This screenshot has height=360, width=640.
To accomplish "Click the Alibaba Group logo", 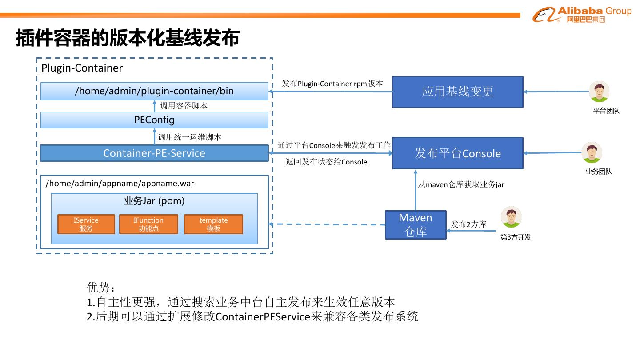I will (x=581, y=15).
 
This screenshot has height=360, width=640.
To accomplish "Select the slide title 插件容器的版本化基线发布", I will (x=128, y=38).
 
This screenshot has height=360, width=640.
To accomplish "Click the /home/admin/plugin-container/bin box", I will (x=154, y=91).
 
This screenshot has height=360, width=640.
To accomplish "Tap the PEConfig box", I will (x=154, y=120).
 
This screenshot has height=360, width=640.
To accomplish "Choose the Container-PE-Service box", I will (x=154, y=153).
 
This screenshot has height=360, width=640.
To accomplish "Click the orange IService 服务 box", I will (x=86, y=224).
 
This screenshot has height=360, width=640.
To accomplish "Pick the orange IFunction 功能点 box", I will (x=148, y=224).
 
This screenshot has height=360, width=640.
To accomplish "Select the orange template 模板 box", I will (x=213, y=224).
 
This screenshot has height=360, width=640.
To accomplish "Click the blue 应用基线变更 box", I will (x=457, y=92).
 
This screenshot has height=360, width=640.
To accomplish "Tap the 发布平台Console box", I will (x=457, y=153).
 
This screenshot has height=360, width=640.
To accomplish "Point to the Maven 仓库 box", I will (x=416, y=225).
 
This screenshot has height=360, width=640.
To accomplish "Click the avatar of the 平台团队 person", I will (x=599, y=92).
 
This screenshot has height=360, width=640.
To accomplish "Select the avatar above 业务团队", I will (x=592, y=153).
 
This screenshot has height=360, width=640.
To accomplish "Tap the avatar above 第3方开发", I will (x=511, y=217).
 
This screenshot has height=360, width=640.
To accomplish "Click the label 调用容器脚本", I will (x=184, y=106).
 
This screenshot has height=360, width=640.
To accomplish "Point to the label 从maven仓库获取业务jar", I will (x=461, y=184).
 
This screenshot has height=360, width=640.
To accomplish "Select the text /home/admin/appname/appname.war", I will (x=120, y=184).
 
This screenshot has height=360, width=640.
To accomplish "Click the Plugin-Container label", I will (x=82, y=68).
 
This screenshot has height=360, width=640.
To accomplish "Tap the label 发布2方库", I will (x=468, y=224).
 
